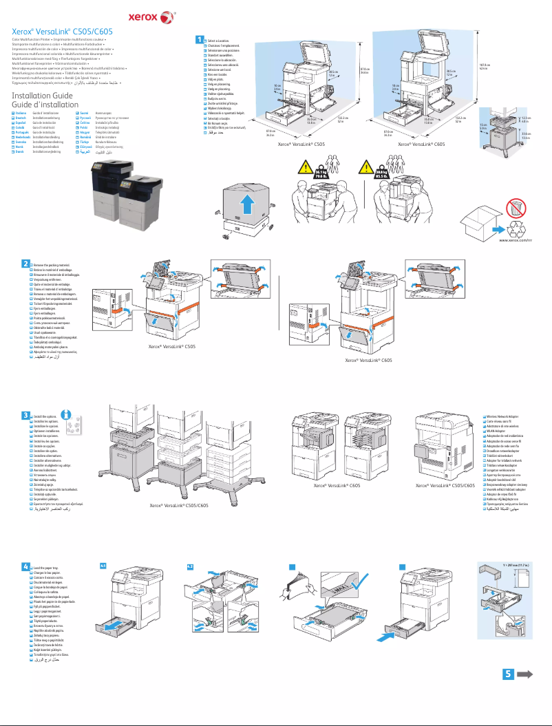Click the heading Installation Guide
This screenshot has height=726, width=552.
point(42,95)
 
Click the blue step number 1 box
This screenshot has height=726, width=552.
point(200,39)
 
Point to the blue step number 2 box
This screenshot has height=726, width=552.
point(25,264)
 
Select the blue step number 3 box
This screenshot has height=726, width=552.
point(25,416)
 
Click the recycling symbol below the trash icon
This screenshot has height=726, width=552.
point(514,226)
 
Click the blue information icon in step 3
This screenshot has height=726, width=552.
point(67,414)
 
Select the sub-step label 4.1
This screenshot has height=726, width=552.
point(103,565)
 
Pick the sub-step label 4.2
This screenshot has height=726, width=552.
point(191,565)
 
